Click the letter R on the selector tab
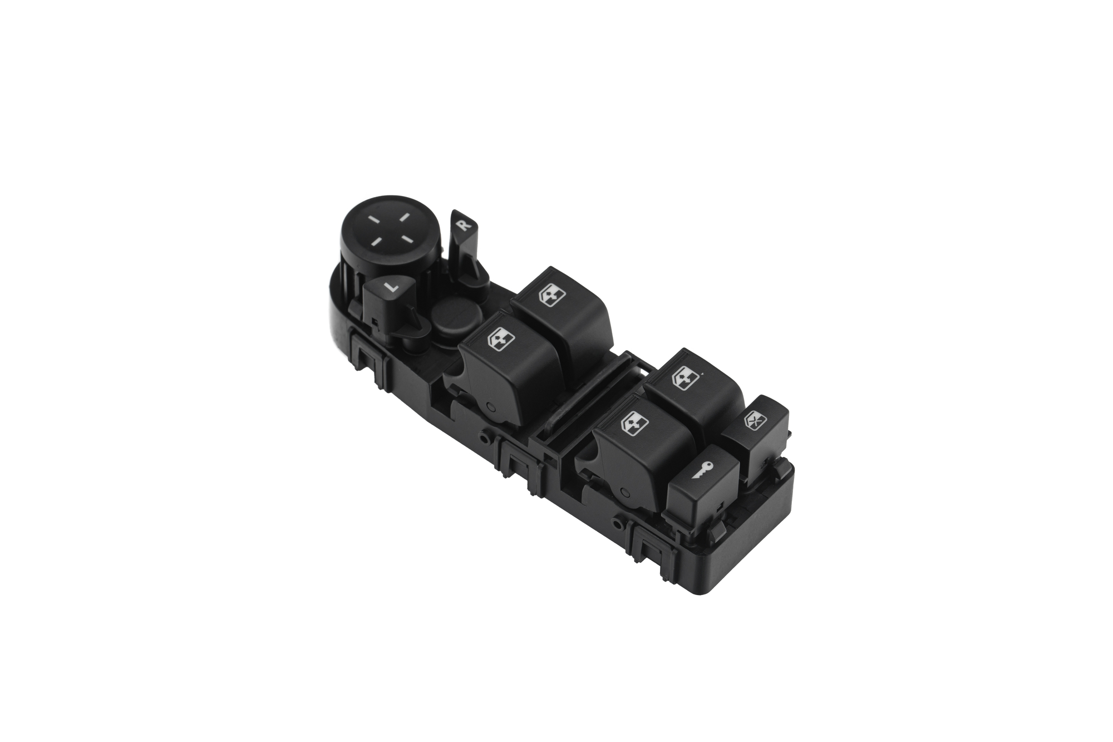(463, 225)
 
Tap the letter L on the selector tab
(391, 287)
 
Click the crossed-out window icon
(754, 419)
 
